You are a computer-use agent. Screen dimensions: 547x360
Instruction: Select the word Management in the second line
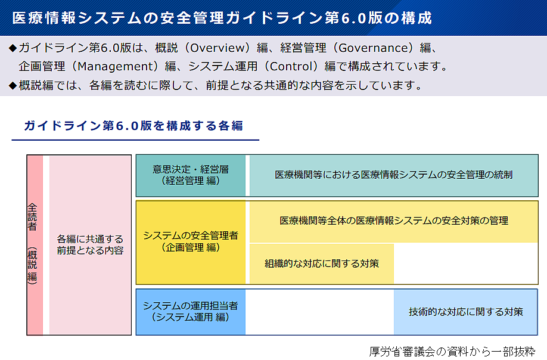click(x=115, y=66)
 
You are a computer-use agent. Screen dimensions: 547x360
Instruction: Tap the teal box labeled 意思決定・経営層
click(x=191, y=175)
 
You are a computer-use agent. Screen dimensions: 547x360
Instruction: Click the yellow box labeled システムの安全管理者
click(x=191, y=243)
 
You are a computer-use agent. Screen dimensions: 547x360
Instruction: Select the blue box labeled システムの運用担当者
click(x=191, y=312)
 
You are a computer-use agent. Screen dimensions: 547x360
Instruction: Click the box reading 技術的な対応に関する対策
click(x=466, y=312)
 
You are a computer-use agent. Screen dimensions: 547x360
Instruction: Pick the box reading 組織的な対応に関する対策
click(x=322, y=263)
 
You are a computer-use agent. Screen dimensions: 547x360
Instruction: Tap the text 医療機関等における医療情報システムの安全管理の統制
click(x=393, y=175)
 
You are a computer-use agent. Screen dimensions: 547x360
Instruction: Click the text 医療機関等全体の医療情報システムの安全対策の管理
click(x=393, y=221)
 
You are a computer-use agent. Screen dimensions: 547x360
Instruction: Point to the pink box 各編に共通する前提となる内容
click(x=91, y=245)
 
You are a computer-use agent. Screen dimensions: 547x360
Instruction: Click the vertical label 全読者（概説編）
click(x=32, y=244)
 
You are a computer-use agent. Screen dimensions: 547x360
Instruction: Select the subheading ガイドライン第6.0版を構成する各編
click(x=133, y=126)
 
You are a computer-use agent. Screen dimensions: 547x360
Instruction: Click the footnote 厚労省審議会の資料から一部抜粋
click(x=452, y=351)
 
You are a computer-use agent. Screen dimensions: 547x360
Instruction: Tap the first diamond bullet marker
click(x=13, y=48)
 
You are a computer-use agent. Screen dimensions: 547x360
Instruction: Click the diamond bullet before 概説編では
click(x=13, y=85)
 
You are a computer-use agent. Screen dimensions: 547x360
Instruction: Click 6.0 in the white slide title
click(x=353, y=18)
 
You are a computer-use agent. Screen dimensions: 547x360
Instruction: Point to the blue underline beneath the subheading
click(x=135, y=140)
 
